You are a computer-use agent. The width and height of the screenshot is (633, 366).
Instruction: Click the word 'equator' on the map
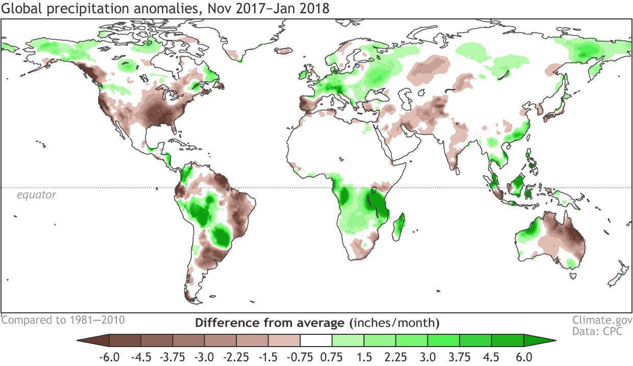point(36,195)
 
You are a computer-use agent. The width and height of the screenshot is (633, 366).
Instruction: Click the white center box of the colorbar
point(316,341)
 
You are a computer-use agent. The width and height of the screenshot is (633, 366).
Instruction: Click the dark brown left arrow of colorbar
point(93,341)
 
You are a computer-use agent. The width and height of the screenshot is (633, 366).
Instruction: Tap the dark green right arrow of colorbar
point(539,341)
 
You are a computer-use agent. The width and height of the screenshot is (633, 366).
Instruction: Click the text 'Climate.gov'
point(600,321)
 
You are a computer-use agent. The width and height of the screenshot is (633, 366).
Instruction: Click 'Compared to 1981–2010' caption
point(63,321)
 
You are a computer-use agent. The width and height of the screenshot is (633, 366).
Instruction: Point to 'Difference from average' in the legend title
point(270,323)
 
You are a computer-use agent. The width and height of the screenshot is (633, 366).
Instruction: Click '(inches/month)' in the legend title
point(394,323)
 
